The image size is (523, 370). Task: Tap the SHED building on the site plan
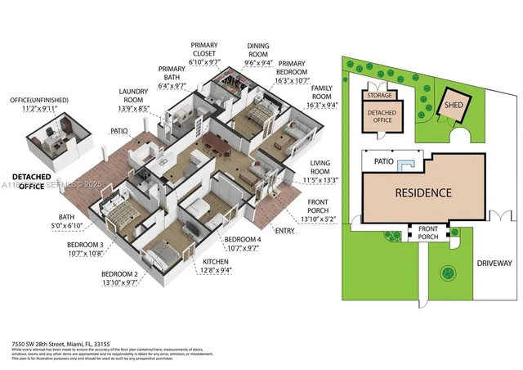click(x=454, y=106)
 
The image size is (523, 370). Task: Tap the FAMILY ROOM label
click(x=321, y=95)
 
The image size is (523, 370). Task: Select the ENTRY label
click(x=286, y=232)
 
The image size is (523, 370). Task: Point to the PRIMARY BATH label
click(x=172, y=73)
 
